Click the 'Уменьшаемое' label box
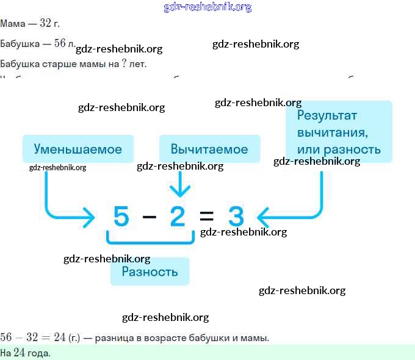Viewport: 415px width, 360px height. [78, 149]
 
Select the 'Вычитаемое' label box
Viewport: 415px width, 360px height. [209, 149]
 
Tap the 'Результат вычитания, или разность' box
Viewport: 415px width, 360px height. [339, 132]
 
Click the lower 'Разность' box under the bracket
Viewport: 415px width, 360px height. [150, 272]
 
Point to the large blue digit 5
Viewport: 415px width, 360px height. [121, 217]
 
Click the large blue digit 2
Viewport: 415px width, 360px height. [178, 217]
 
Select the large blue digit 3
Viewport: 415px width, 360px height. [236, 217]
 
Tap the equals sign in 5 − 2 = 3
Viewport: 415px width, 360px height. [207, 217]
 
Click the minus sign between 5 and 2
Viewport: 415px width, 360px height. [149, 217]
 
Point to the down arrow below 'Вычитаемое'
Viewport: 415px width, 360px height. [179, 183]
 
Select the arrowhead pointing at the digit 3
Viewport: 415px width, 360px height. [263, 216]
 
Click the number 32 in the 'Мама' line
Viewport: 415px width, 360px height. [46, 24]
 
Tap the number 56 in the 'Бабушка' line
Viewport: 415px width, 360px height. [60, 43]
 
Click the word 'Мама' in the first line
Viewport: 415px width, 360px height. [13, 24]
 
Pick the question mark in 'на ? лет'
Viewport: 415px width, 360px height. [124, 63]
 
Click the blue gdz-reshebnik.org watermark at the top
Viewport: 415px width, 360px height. [208, 7]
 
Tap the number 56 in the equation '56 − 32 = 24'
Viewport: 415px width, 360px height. [7, 337]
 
